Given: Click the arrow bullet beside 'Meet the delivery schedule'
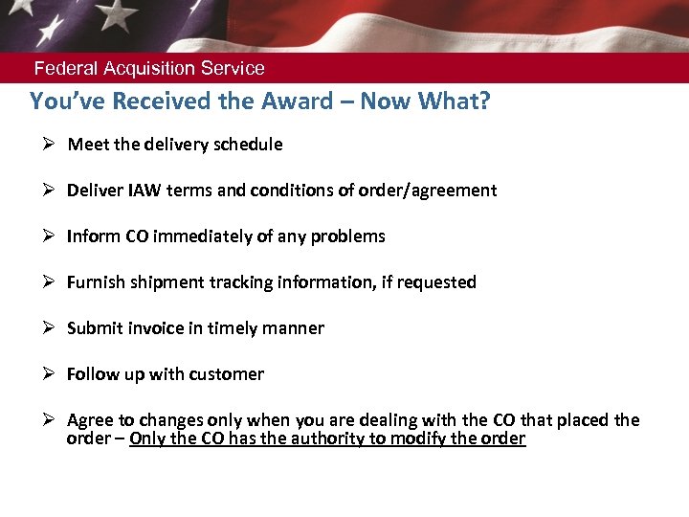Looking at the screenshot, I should click(49, 145).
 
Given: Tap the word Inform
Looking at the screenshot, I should click(91, 236).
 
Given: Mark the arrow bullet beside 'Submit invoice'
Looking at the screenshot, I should click(49, 328).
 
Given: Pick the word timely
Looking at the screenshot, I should click(233, 328).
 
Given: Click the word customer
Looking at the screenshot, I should click(226, 374).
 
